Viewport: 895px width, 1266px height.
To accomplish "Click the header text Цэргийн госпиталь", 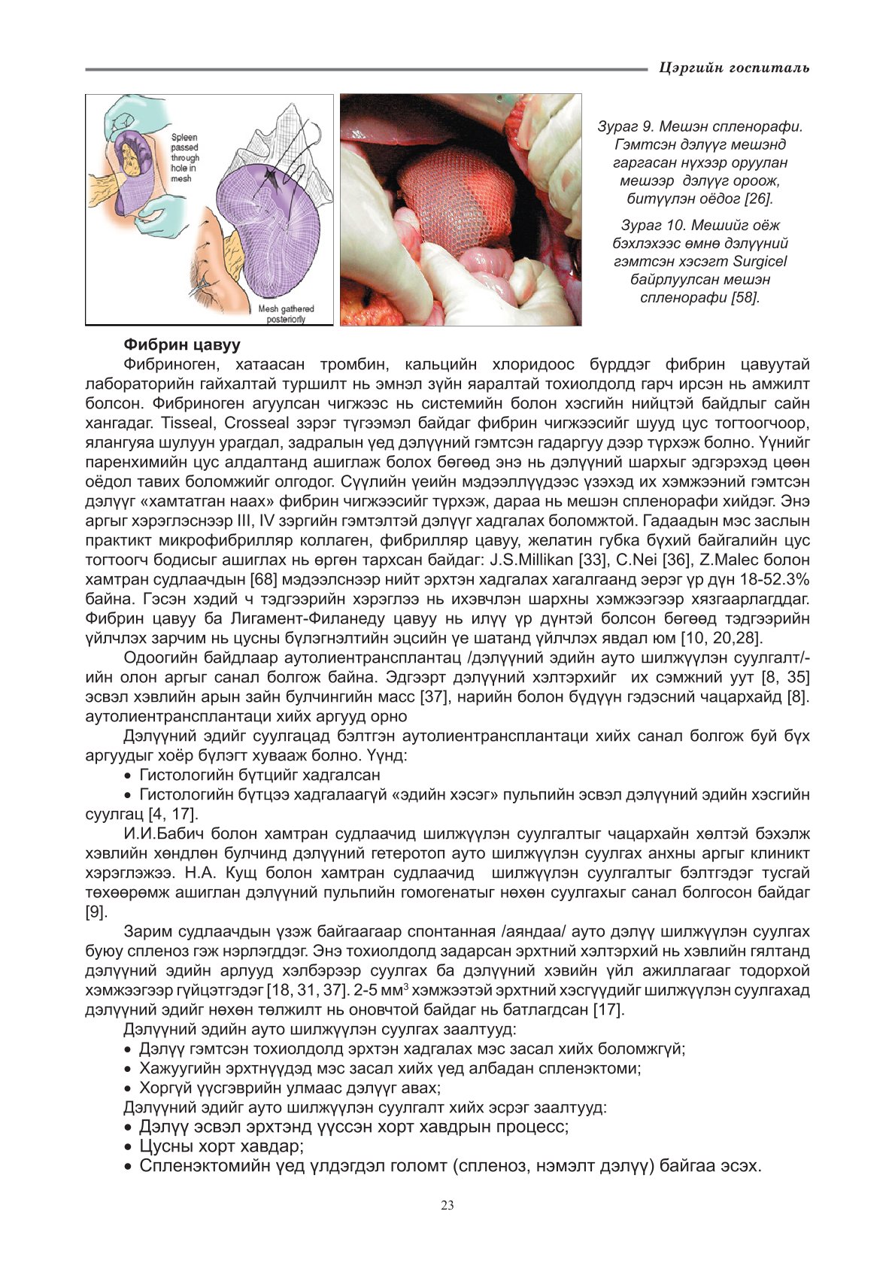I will coord(733,68).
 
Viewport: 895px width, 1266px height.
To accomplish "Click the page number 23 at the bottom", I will coord(447,1206).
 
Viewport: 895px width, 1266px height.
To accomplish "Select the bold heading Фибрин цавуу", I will coord(182,345).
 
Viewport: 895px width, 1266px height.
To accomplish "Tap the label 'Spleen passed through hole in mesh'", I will coord(185,158).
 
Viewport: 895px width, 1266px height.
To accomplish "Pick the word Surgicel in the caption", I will coord(760,261).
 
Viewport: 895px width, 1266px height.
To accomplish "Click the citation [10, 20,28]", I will coord(721,638).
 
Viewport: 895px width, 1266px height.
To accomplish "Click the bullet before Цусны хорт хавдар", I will coord(129,1147).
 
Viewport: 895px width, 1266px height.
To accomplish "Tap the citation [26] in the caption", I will coord(757,199).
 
